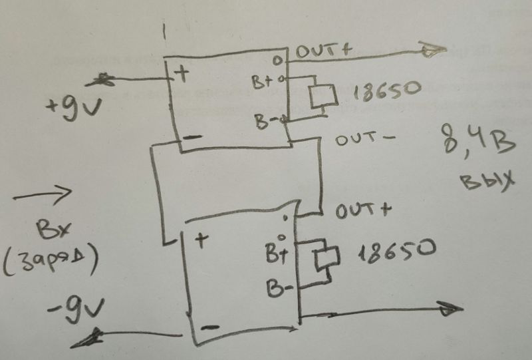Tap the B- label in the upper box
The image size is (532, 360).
tap(264, 122)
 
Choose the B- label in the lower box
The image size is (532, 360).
tap(279, 289)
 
